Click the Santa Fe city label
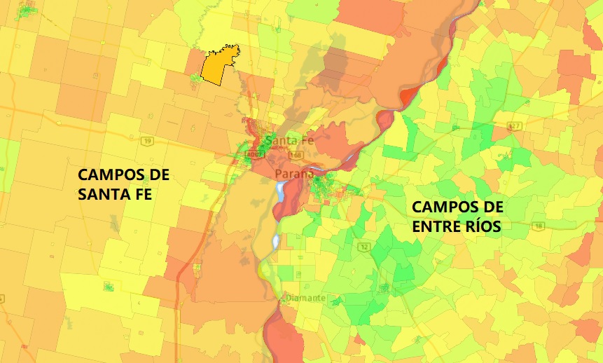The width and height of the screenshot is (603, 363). pos(286,141)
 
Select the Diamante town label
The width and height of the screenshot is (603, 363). pos(305,298)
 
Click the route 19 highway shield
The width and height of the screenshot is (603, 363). pos(148,141)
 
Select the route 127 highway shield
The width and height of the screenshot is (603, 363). pos(515,126)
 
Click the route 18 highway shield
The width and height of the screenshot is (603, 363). pos(538,225)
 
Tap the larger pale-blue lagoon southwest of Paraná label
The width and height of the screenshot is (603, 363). pos(282,191)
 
